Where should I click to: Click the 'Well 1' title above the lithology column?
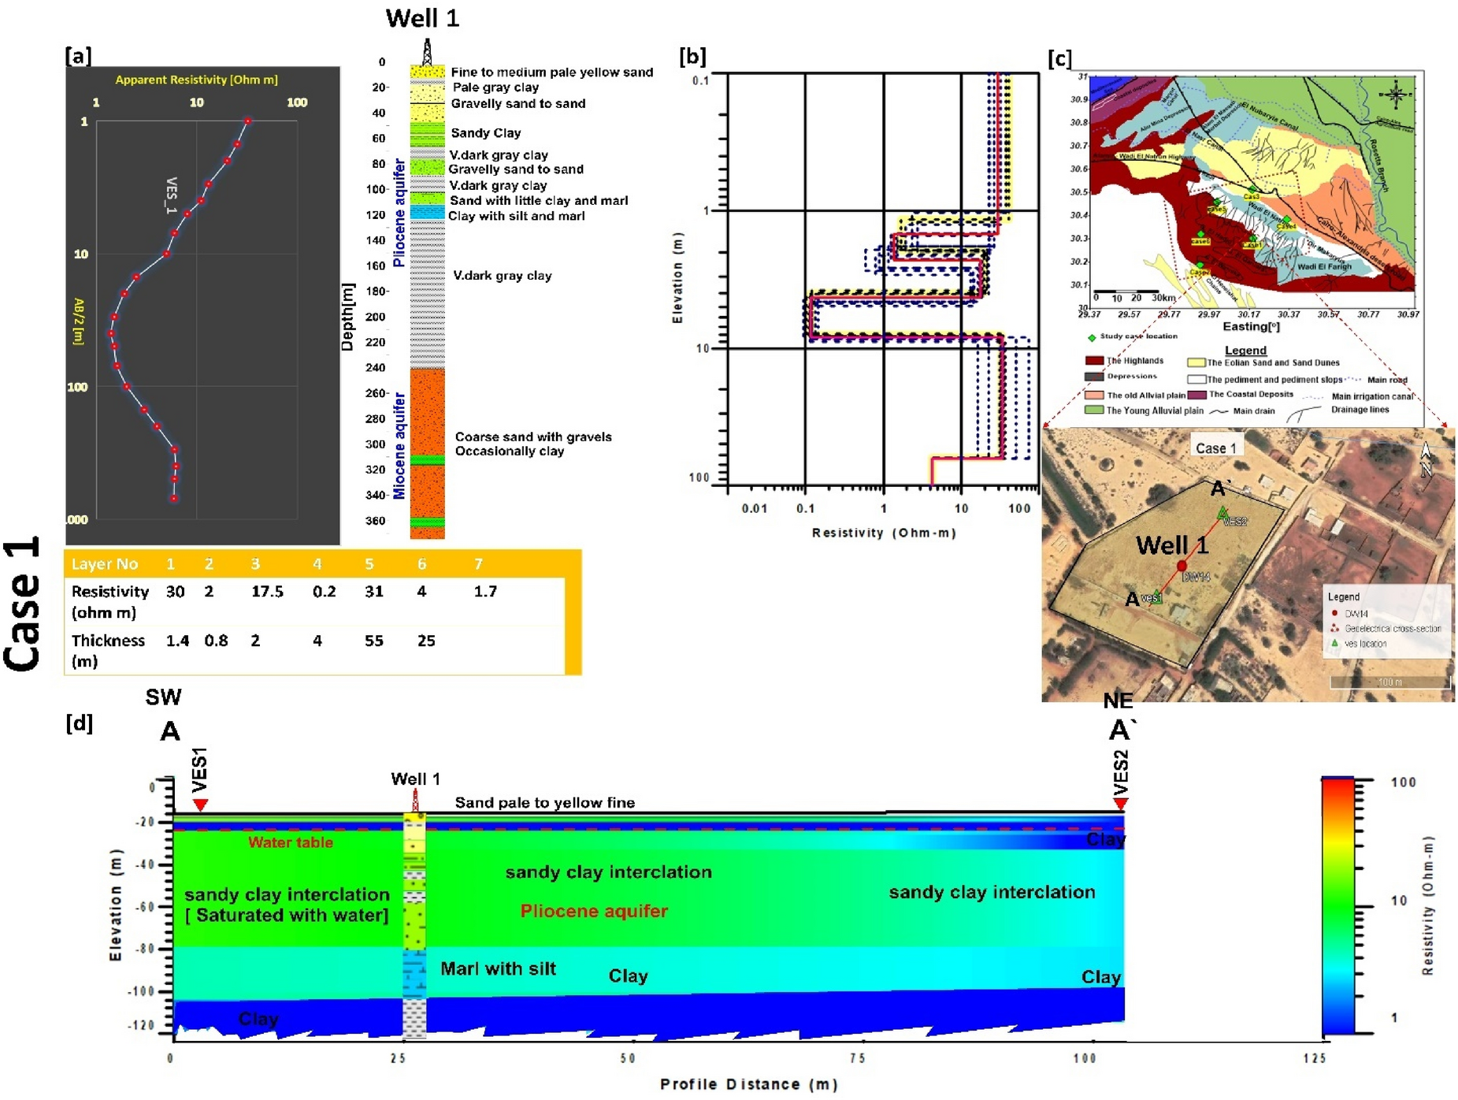pyautogui.click(x=421, y=18)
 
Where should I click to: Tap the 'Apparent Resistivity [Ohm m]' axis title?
pyautogui.click(x=196, y=80)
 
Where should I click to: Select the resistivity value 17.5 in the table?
pyautogui.click(x=267, y=591)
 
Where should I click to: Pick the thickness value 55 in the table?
pyautogui.click(x=373, y=641)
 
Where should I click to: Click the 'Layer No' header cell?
pyautogui.click(x=104, y=564)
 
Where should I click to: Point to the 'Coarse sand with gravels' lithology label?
pyautogui.click(x=532, y=437)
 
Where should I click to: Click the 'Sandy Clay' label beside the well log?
pyautogui.click(x=485, y=132)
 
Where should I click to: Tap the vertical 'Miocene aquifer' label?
pyautogui.click(x=399, y=446)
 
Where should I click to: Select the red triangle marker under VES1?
pyautogui.click(x=200, y=804)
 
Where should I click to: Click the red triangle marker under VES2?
pyautogui.click(x=1119, y=804)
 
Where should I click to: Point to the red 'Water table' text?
pyautogui.click(x=290, y=842)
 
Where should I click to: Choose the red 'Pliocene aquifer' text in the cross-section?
pyautogui.click(x=593, y=911)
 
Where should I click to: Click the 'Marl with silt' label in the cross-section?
pyautogui.click(x=498, y=968)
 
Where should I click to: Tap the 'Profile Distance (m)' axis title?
pyautogui.click(x=748, y=1084)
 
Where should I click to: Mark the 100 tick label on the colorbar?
pyautogui.click(x=1403, y=782)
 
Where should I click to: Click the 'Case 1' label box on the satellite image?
pyautogui.click(x=1215, y=448)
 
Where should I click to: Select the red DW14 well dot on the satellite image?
pyautogui.click(x=1182, y=566)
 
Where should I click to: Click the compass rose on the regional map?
pyautogui.click(x=1395, y=95)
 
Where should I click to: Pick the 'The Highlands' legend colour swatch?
pyautogui.click(x=1094, y=361)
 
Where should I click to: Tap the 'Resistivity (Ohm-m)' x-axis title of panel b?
pyautogui.click(x=883, y=533)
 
